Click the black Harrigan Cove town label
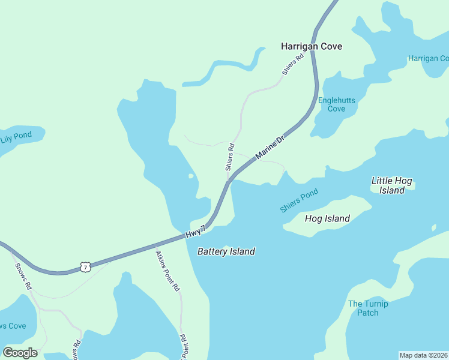312,46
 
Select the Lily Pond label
16,136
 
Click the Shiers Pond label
298,201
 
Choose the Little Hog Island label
392,185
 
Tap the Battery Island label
226,251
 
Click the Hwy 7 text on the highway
196,232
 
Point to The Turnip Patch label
368,308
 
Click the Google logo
20,353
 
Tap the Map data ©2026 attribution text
424,355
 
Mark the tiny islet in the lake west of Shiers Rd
191,176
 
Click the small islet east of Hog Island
433,227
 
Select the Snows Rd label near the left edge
23,277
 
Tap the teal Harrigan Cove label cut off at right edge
428,58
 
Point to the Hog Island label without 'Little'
327,218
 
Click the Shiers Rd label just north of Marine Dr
229,157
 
